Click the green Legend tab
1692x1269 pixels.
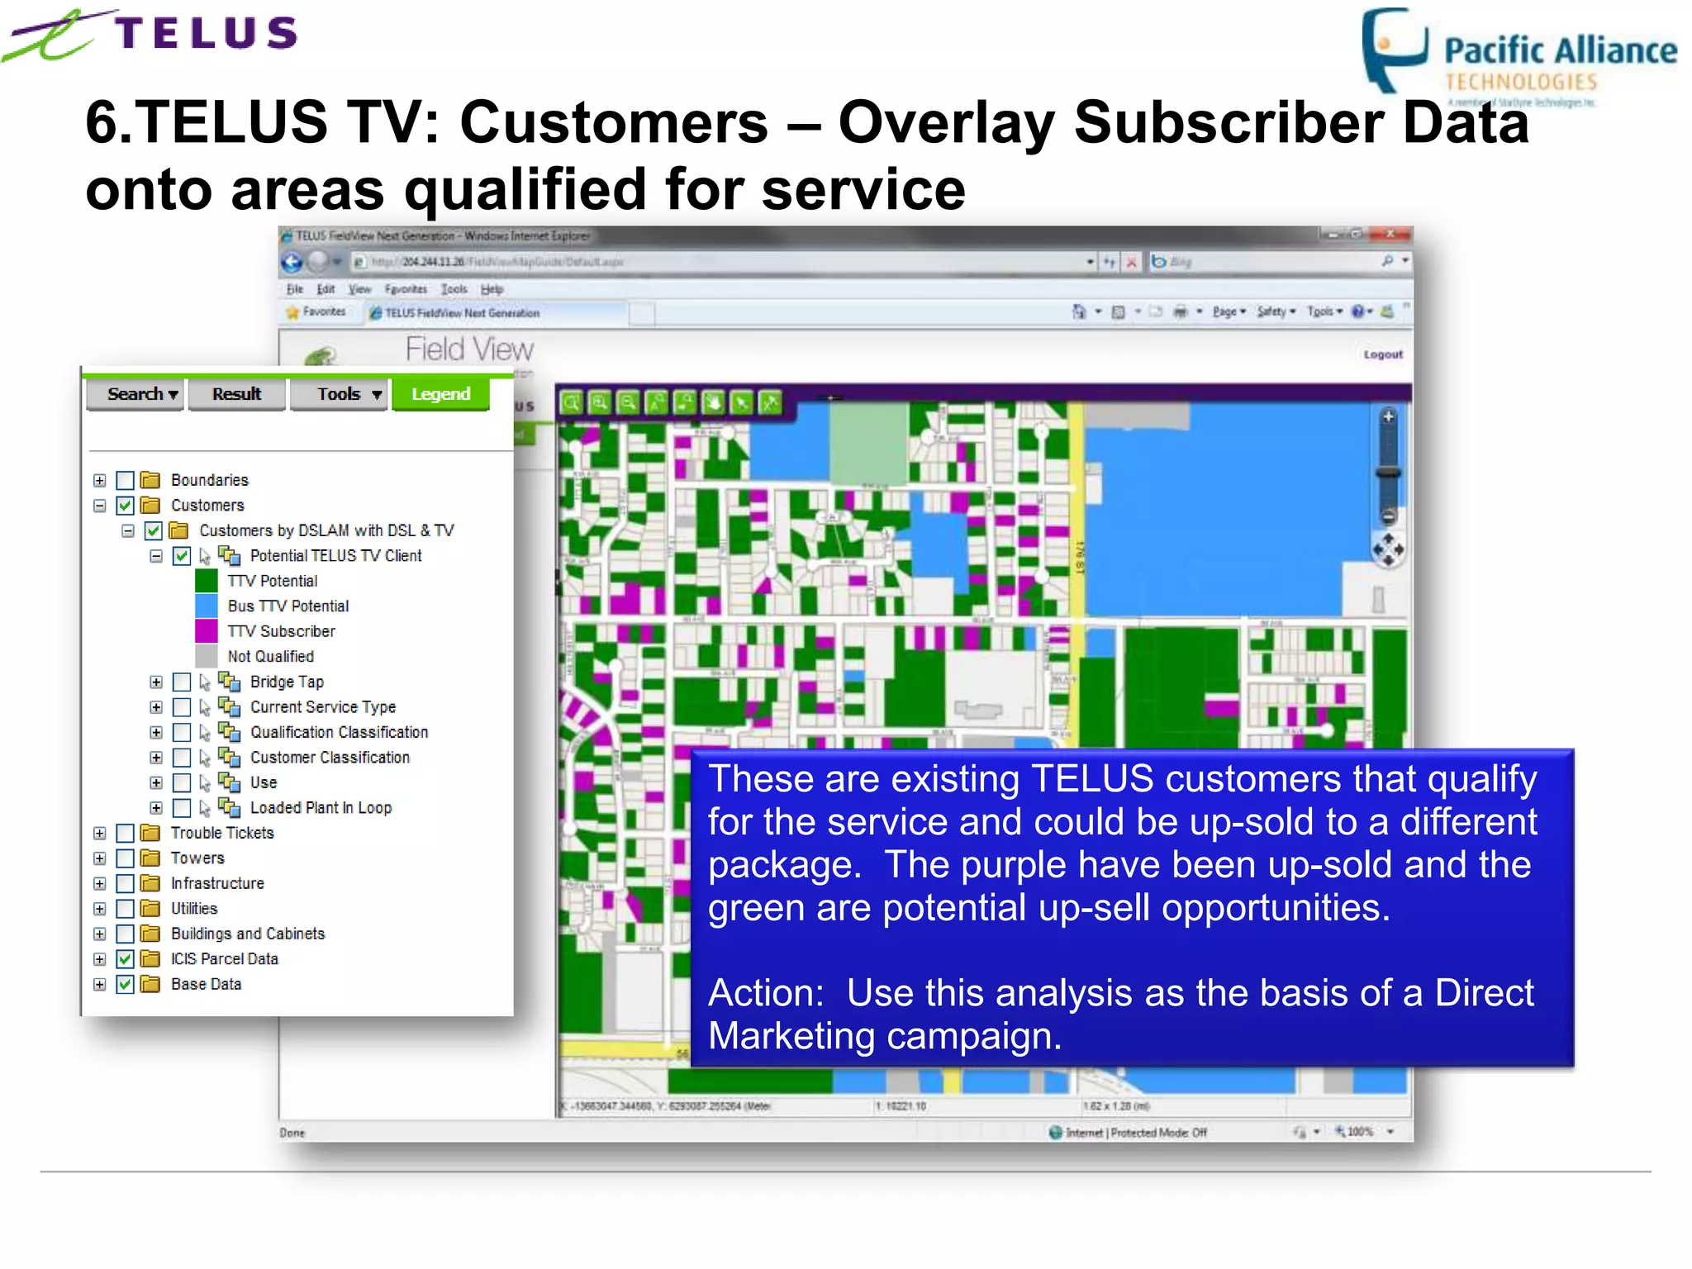click(x=440, y=394)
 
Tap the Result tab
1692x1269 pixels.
click(x=236, y=394)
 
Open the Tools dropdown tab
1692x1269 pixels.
click(x=339, y=394)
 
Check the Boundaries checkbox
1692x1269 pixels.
click(x=126, y=480)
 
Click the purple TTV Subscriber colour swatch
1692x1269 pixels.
click(x=207, y=631)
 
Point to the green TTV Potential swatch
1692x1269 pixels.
click(x=207, y=581)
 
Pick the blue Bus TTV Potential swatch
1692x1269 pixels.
click(x=207, y=606)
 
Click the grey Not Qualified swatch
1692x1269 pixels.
click(x=207, y=656)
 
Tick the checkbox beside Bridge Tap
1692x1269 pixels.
click(x=182, y=682)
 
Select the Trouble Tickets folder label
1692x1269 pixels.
click(x=222, y=833)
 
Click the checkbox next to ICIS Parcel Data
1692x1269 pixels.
click(x=126, y=959)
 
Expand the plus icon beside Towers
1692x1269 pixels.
click(x=100, y=858)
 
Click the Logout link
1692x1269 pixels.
click(x=1383, y=354)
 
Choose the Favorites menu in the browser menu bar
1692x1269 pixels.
click(x=406, y=289)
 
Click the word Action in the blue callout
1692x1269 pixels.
click(x=765, y=993)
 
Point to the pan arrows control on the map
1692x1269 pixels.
click(x=1388, y=549)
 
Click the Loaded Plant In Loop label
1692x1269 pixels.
click(x=321, y=808)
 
